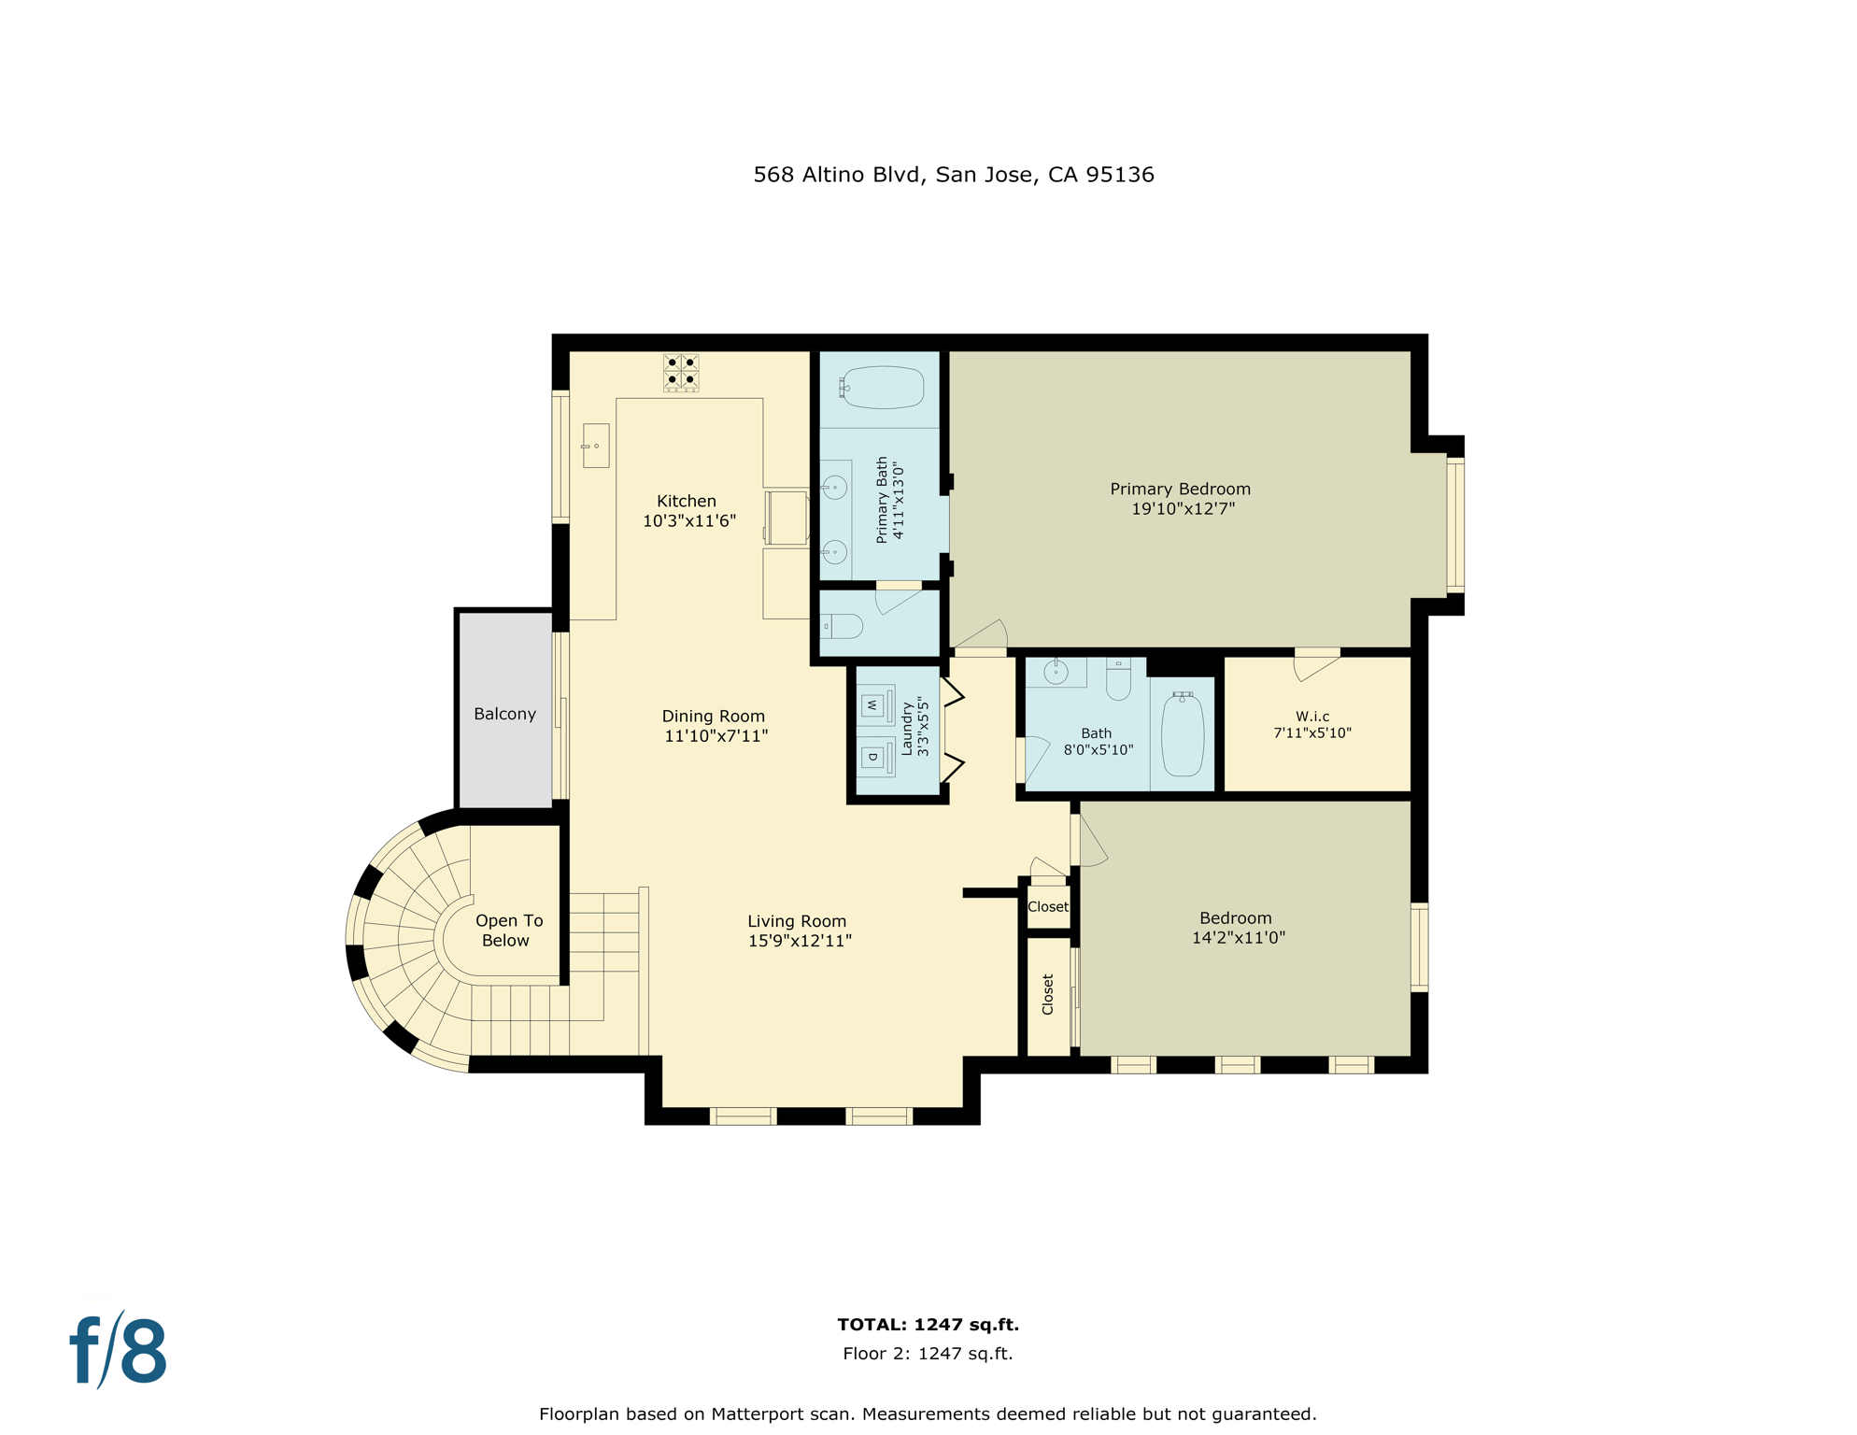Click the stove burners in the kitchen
click(x=681, y=372)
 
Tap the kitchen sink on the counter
click(x=595, y=445)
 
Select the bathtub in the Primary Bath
click(x=882, y=387)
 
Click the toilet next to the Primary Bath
click(x=842, y=625)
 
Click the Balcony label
click(x=504, y=714)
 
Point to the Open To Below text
click(x=507, y=931)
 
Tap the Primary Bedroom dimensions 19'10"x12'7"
click(x=1183, y=509)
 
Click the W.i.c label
click(x=1311, y=717)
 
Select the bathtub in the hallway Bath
click(x=1182, y=733)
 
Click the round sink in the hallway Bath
click(x=1056, y=671)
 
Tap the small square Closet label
click(x=1047, y=907)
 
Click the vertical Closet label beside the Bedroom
click(x=1047, y=994)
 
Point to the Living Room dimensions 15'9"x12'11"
click(x=800, y=941)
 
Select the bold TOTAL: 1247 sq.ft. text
click(x=928, y=1324)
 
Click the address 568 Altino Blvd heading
click(x=953, y=175)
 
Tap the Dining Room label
click(x=713, y=716)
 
